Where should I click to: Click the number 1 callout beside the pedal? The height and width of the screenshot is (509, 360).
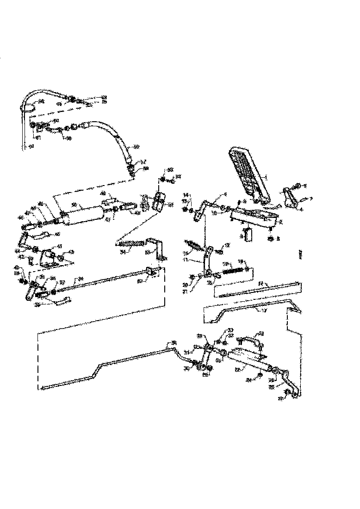[266, 177]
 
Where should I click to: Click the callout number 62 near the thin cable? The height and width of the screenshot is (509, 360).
[31, 147]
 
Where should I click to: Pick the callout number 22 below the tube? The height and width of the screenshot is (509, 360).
[237, 369]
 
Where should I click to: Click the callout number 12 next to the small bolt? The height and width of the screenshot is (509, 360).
[227, 245]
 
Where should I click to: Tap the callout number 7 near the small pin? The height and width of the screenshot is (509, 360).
[311, 199]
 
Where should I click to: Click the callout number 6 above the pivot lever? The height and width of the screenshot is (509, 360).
[225, 194]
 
